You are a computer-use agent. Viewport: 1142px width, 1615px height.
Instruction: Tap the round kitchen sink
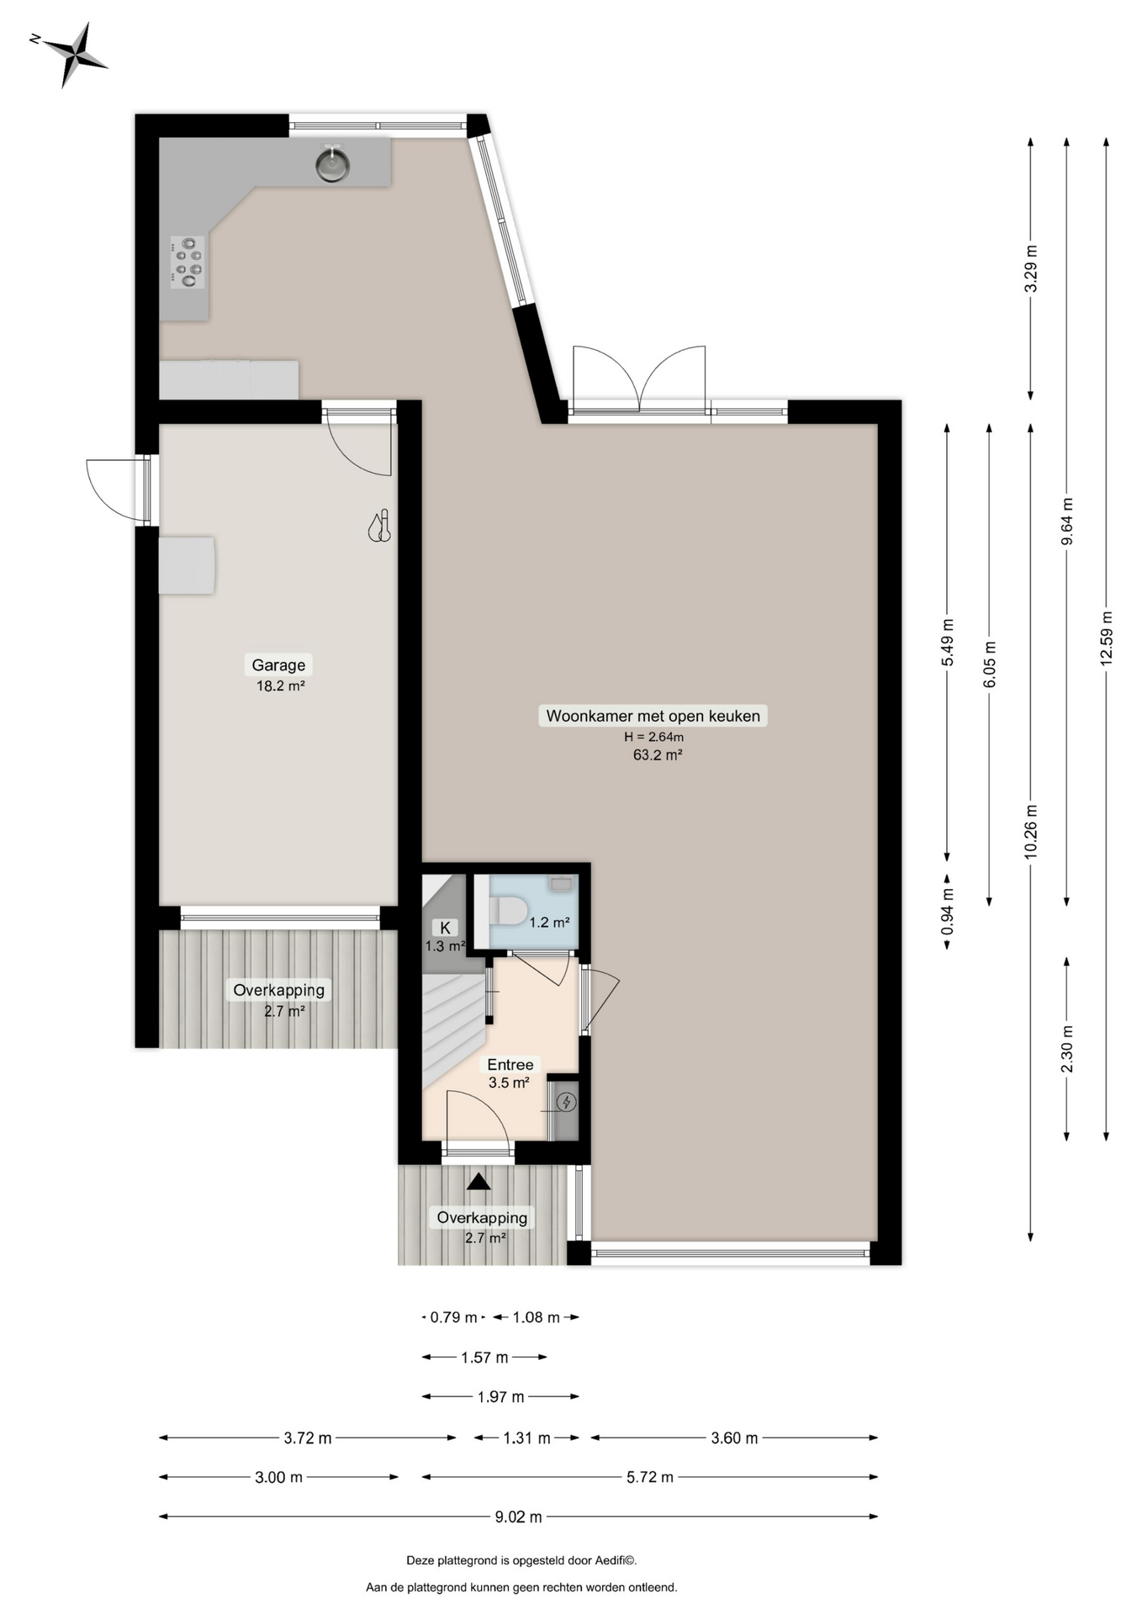coord(333,163)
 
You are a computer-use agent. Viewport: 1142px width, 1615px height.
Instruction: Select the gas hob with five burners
coord(188,262)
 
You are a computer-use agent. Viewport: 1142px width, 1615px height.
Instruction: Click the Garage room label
coord(278,665)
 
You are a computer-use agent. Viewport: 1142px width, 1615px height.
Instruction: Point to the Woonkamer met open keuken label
coord(653,716)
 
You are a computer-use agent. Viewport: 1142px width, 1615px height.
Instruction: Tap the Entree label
coord(510,1064)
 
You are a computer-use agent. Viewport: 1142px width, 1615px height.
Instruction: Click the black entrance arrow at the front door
coord(478,1182)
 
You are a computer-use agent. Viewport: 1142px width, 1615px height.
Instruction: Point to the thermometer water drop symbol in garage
coord(380,527)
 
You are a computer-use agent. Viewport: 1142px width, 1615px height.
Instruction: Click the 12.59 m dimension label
coord(1106,638)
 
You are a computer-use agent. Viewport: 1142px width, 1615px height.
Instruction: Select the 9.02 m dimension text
coord(518,1517)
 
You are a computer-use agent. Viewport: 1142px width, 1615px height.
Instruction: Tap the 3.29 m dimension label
coord(1030,268)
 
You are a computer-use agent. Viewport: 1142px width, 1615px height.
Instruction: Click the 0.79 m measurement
coord(453,1317)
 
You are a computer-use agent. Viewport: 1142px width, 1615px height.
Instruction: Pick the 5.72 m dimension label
coord(650,1476)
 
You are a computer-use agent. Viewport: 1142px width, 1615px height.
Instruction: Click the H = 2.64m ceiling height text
coord(653,737)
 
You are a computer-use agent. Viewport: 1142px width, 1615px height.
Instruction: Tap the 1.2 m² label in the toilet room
coord(550,922)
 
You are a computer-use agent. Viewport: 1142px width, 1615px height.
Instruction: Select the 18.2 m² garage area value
coord(280,686)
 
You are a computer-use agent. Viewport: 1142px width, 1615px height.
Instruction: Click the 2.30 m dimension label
coord(1067,1049)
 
